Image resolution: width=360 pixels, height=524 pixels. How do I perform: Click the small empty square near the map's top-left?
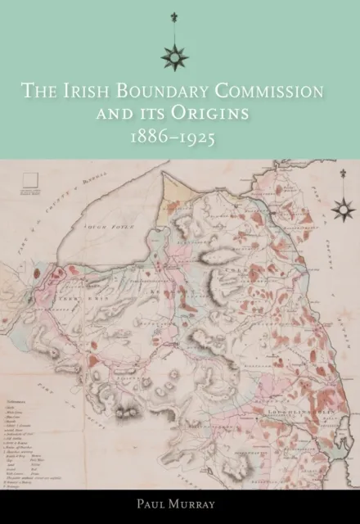point(34,181)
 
